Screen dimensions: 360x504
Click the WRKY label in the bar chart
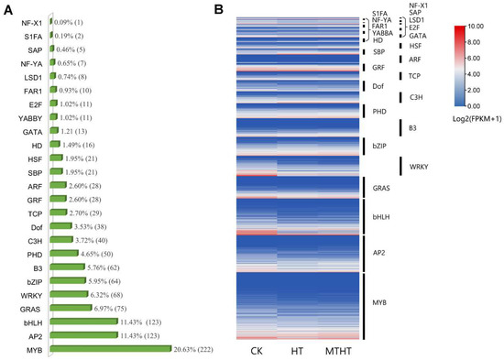pyautogui.click(x=28, y=295)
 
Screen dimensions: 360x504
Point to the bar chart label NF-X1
pyautogui.click(x=29, y=19)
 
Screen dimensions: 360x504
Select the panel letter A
pyautogui.click(x=6, y=7)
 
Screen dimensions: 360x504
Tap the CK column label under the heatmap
pyautogui.click(x=256, y=352)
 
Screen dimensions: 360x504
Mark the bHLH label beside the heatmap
pyautogui.click(x=383, y=216)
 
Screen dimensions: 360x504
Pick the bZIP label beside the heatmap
pyautogui.click(x=380, y=145)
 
